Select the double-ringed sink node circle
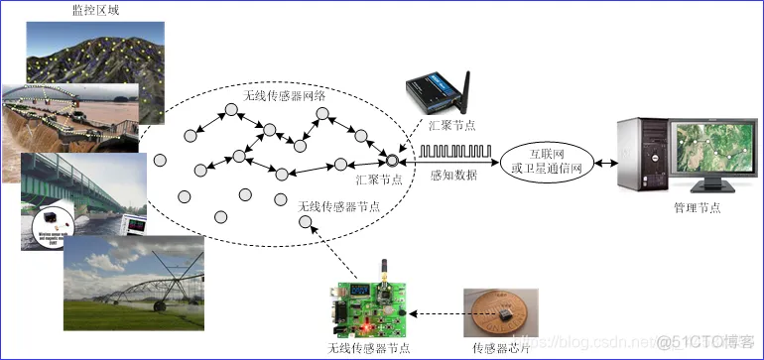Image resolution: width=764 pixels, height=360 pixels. coord(393,160)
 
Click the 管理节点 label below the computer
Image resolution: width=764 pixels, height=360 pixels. coord(697,208)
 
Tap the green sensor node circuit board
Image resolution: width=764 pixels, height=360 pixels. coord(371,307)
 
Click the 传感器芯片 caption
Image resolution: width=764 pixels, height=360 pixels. coord(502,348)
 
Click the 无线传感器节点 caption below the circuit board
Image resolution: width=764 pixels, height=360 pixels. coord(369,348)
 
